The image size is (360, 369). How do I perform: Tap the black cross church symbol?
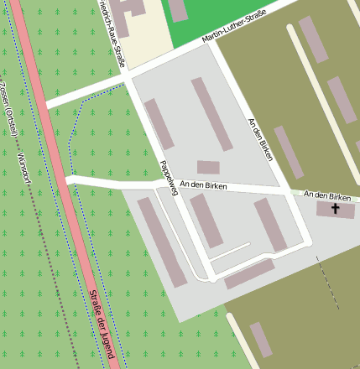(336, 208)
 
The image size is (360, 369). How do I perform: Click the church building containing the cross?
(323, 209)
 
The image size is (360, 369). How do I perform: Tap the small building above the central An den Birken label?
(208, 167)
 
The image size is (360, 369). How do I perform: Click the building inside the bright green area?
(178, 9)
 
